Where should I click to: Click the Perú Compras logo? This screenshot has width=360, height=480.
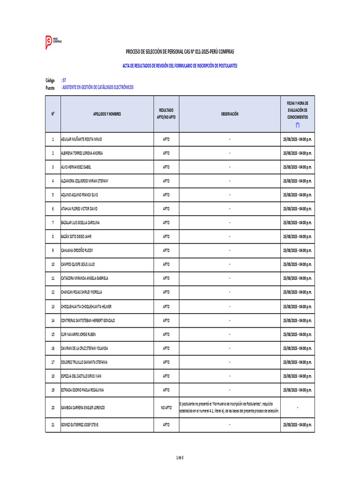point(53,42)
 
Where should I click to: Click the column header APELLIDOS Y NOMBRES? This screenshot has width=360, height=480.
point(107,114)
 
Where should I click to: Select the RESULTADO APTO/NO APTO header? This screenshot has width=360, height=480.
point(166,114)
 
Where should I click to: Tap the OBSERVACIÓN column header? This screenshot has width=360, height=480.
point(230,114)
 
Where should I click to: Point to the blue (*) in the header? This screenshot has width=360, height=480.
point(298,125)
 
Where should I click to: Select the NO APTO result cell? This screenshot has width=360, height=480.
point(166,408)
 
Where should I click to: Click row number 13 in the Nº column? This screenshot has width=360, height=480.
point(53,307)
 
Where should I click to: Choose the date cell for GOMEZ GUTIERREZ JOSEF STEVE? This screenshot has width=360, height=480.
point(298,425)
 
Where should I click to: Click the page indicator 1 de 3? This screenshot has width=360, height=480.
point(180,457)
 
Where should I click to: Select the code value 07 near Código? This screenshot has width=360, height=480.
point(64,81)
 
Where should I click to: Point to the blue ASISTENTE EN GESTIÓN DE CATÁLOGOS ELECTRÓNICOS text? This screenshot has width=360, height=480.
point(97,87)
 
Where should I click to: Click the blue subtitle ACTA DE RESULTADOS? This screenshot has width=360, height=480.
point(180,66)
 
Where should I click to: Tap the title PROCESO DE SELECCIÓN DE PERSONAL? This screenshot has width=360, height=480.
point(180,52)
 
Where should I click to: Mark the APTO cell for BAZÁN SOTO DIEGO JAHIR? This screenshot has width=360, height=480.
point(166,237)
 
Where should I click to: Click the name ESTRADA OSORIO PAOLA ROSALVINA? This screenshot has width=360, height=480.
point(82,390)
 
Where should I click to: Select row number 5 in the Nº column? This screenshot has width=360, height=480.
point(53,195)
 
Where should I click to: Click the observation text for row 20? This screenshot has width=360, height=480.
point(230,407)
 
